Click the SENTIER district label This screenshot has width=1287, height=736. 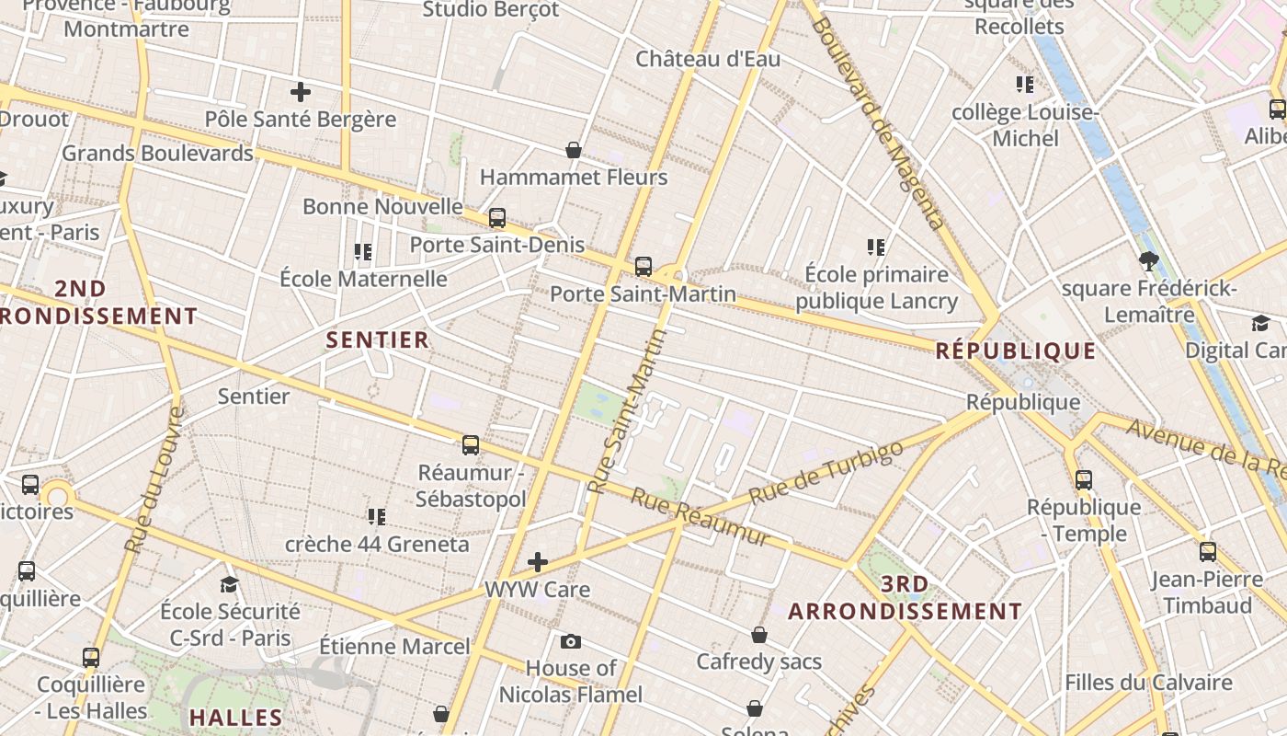[x=378, y=339]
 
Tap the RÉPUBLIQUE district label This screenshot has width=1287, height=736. [x=1016, y=351]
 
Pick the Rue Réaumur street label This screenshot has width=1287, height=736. [x=699, y=516]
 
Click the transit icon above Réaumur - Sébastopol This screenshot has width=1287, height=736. [x=471, y=445]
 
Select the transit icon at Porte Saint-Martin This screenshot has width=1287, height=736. [x=643, y=267]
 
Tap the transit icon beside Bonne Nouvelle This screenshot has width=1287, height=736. [x=497, y=218]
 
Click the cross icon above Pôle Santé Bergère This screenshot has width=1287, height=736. [x=301, y=92]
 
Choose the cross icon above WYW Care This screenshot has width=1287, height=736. [x=538, y=561]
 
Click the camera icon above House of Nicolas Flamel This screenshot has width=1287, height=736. [x=571, y=641]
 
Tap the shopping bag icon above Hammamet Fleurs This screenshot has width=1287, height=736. [x=574, y=149]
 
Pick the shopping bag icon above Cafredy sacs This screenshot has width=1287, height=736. [x=759, y=634]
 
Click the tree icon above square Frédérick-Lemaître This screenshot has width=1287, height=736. [x=1148, y=260]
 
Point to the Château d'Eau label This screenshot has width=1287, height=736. [x=708, y=59]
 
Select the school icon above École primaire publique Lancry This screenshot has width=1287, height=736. [x=876, y=247]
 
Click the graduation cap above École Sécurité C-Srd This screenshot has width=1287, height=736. [x=229, y=584]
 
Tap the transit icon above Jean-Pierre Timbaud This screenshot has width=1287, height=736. [x=1207, y=552]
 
